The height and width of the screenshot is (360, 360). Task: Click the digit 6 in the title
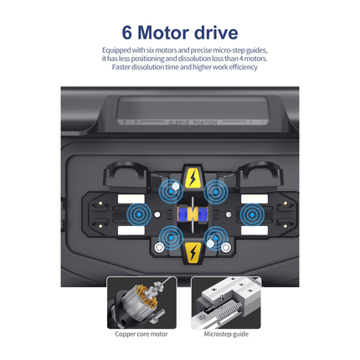(x=127, y=33)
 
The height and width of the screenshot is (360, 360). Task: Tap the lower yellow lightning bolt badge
(x=193, y=252)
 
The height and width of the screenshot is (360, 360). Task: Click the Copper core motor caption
(x=141, y=334)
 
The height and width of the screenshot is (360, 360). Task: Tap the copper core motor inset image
(x=141, y=301)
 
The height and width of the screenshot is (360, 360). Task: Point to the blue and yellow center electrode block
(x=193, y=214)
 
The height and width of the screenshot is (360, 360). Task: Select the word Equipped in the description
(x=116, y=50)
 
